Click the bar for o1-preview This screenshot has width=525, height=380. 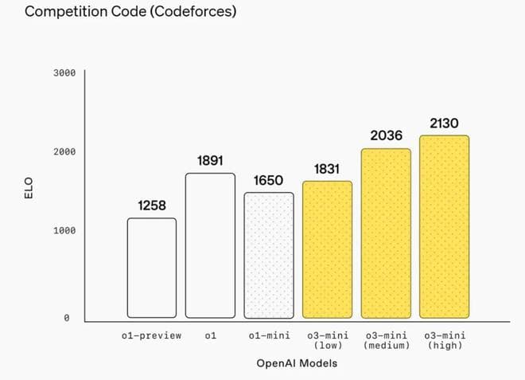(x=152, y=268)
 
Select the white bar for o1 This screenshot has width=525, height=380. (x=210, y=245)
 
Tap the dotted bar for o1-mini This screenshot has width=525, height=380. (x=268, y=255)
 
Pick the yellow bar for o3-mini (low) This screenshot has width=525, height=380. (x=327, y=249)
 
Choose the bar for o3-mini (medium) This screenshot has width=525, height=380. (x=386, y=233)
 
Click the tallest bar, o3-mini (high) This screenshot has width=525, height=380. (x=444, y=226)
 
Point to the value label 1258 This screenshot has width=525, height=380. (x=152, y=206)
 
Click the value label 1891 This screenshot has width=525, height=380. (x=210, y=161)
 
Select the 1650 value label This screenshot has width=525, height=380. (x=268, y=181)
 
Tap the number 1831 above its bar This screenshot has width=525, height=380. (x=327, y=169)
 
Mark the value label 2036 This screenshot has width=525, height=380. (x=386, y=136)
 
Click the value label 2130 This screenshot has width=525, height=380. (x=444, y=123)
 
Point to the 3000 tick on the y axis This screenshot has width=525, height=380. (x=64, y=73)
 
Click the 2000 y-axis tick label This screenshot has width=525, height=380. (x=64, y=151)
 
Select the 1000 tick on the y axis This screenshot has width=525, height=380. (x=64, y=231)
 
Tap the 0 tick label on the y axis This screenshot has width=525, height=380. (x=66, y=318)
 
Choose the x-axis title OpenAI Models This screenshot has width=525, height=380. (x=297, y=363)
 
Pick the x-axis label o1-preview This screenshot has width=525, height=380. (x=151, y=335)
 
